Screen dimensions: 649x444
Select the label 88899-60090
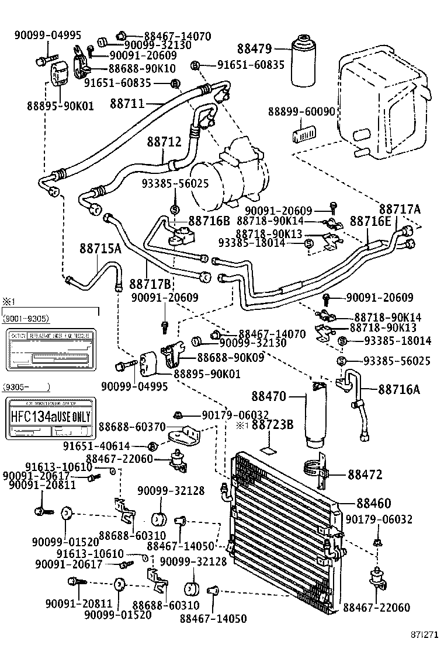coord(302,111)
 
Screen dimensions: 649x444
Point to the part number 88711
coord(127,104)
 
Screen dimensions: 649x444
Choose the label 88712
coord(164,142)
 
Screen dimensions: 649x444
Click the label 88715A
coord(100,248)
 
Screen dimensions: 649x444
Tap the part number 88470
coord(269,397)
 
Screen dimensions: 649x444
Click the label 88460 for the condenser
coord(373,503)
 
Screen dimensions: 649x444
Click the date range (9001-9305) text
coord(26,319)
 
